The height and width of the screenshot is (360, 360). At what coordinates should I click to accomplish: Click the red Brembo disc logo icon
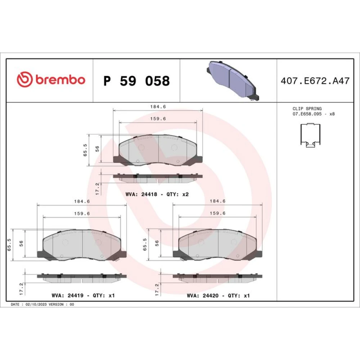(x=24, y=80)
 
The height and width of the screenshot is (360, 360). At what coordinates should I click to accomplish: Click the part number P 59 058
(x=136, y=81)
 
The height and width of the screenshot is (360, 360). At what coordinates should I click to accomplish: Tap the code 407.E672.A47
(x=315, y=81)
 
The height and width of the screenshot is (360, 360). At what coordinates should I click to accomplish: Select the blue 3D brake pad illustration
(x=233, y=80)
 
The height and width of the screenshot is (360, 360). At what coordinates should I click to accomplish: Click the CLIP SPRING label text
(x=307, y=109)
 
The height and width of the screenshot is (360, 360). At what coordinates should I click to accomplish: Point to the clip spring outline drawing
(x=310, y=135)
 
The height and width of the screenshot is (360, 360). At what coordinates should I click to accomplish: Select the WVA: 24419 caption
(x=68, y=296)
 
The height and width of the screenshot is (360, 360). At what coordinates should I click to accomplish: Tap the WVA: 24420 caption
(x=203, y=296)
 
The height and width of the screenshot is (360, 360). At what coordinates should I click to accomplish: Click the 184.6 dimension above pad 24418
(x=158, y=107)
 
